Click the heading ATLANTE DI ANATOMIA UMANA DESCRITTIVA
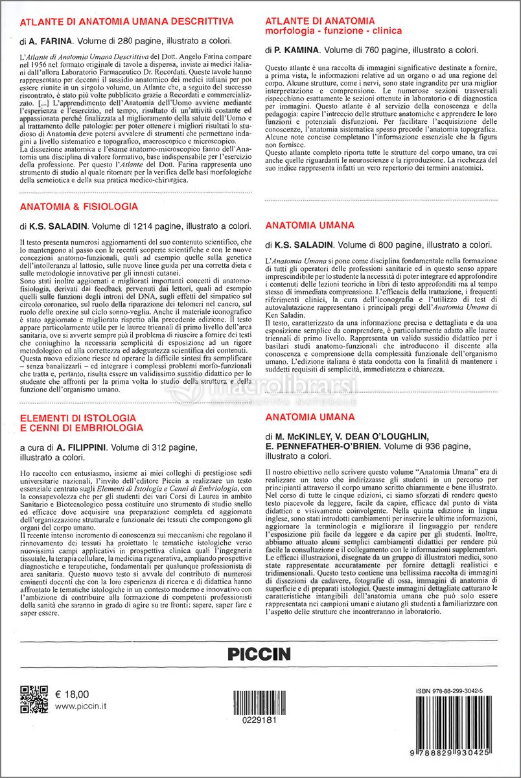126,21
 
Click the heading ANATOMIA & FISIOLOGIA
79,207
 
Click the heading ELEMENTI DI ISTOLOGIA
78,418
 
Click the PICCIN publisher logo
259,654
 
